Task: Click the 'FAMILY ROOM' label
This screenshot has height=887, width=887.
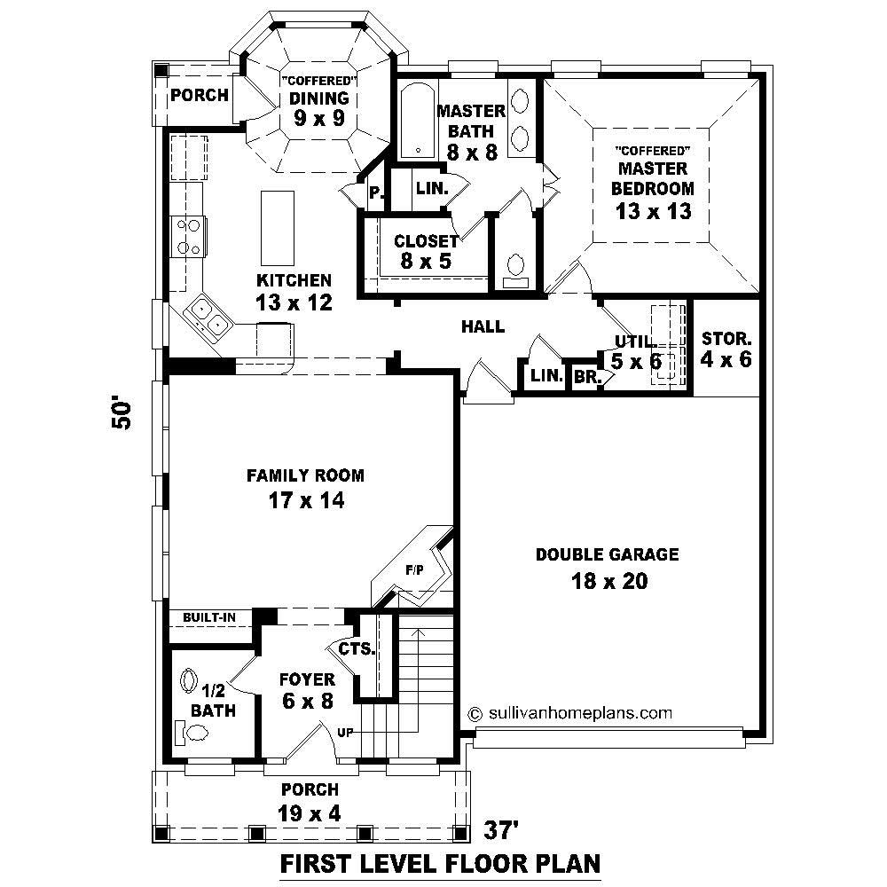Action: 305,475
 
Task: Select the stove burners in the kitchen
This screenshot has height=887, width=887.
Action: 188,236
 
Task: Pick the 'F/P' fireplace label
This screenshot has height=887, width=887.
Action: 414,570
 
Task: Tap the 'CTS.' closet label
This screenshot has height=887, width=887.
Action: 357,649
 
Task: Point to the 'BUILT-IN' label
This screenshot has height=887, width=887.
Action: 208,616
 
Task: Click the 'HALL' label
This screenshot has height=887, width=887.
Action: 483,326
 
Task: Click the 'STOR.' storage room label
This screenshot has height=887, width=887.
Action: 726,338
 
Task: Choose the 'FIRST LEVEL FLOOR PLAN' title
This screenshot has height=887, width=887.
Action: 441,862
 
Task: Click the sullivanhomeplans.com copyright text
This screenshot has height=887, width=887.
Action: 569,712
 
